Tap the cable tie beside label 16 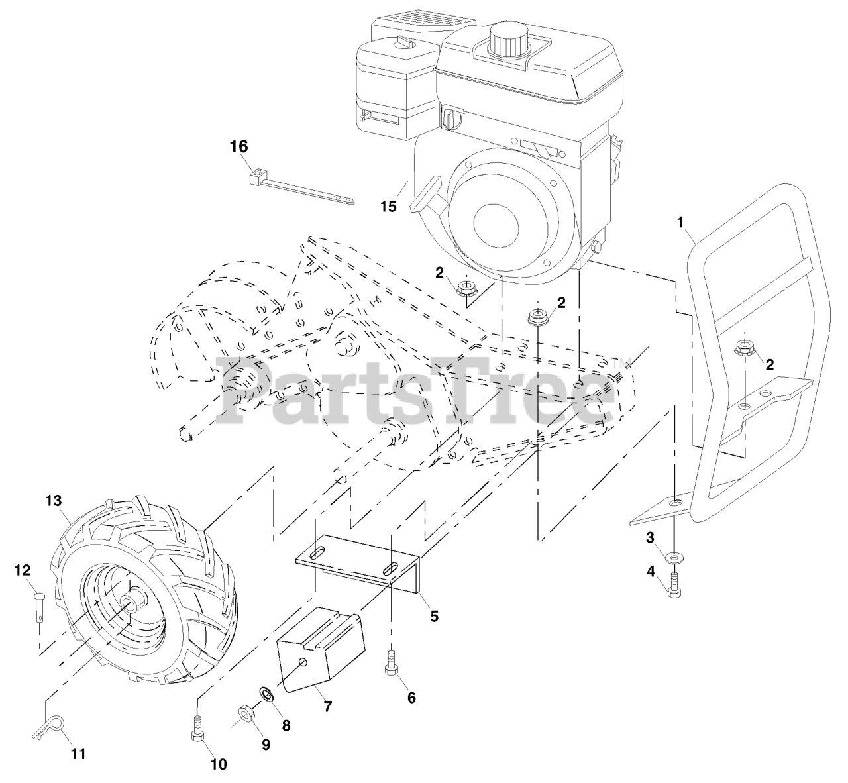pyautogui.click(x=301, y=189)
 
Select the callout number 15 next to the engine pyautogui.click(x=388, y=206)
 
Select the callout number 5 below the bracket pyautogui.click(x=434, y=615)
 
